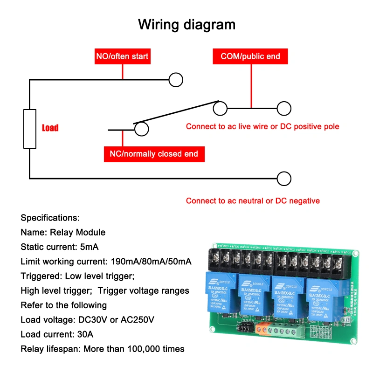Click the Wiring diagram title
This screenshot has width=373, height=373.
[186, 24]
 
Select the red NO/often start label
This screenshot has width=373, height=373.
[122, 56]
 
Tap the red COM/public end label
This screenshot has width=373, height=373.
[250, 56]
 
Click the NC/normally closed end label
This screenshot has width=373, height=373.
[154, 154]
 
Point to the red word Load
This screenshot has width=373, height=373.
[50, 128]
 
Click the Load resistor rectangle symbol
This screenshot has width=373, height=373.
[30, 129]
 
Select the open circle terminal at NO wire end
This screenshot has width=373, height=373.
[175, 80]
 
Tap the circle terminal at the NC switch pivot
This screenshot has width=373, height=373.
[141, 129]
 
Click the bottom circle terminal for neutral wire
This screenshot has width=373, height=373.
[284, 179]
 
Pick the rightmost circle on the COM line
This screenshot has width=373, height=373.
[284, 108]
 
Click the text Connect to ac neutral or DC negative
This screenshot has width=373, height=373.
[253, 201]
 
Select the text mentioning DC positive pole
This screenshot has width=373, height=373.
[262, 126]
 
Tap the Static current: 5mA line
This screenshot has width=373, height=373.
[59, 247]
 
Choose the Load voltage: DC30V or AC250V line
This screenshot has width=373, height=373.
[87, 320]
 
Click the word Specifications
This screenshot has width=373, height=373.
[50, 218]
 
